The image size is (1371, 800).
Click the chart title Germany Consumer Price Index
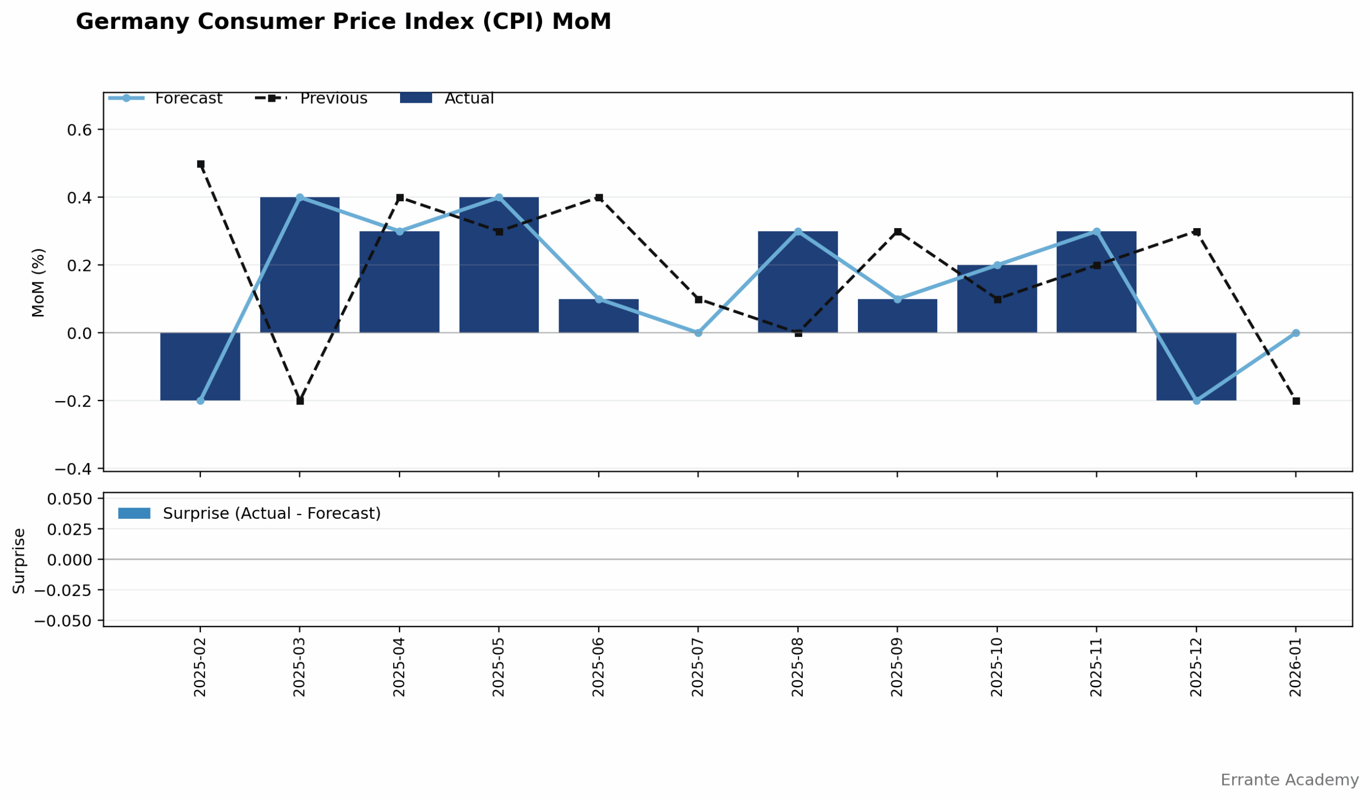(343, 22)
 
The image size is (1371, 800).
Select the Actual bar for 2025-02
(200, 367)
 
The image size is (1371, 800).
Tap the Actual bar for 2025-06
(598, 316)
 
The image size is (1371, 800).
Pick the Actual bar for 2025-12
(1196, 367)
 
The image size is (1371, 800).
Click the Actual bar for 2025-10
(997, 299)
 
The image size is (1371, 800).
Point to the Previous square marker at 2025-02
(201, 164)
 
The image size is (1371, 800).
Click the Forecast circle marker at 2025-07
(698, 333)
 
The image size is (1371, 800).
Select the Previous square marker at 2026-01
(1296, 402)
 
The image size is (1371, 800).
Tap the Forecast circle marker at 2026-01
(1296, 333)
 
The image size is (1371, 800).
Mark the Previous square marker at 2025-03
(300, 402)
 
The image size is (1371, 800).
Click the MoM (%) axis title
(38, 283)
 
